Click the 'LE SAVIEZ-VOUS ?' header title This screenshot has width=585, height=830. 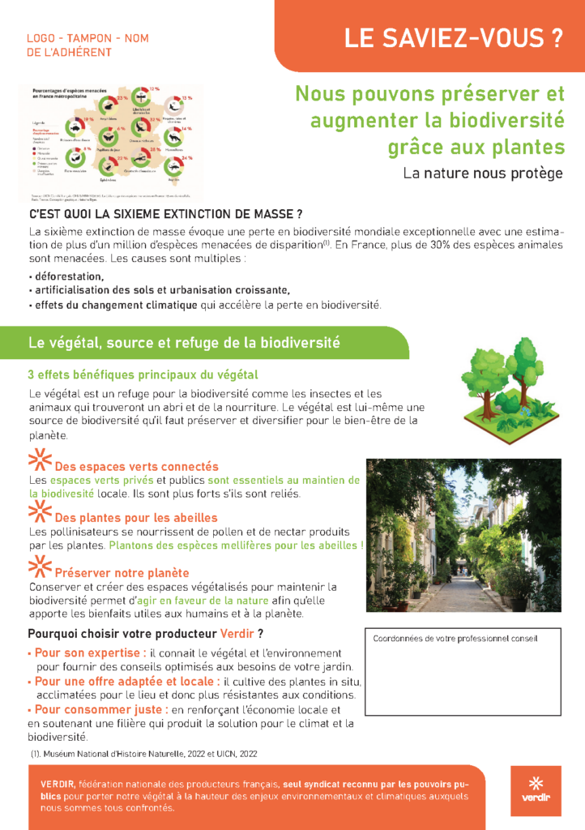point(453,38)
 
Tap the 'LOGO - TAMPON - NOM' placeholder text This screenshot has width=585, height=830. point(88,38)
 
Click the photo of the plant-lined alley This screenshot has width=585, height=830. point(463,535)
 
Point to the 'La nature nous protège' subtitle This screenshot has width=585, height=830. point(483,173)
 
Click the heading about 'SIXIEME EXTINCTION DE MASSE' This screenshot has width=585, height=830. point(165,215)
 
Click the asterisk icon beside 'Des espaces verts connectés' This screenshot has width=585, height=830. point(40,460)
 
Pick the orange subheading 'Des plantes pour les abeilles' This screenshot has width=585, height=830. point(136,518)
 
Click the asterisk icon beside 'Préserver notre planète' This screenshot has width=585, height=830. point(40,567)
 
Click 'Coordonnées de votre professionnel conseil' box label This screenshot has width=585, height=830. point(455,639)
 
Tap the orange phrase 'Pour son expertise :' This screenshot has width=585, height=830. point(91,652)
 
